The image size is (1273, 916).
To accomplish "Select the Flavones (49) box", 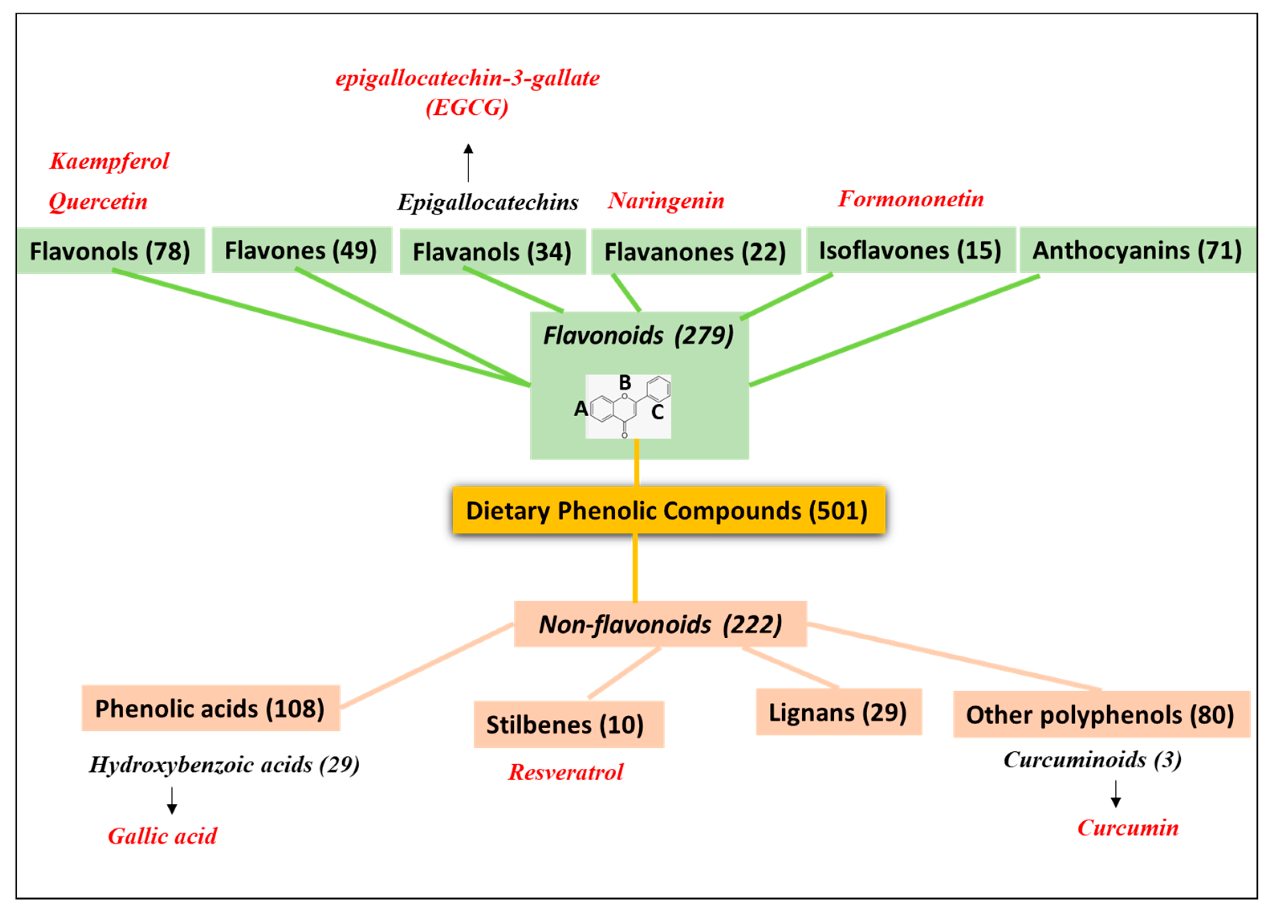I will pos(301,250).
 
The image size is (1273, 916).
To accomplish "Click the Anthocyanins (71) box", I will pos(1137,250).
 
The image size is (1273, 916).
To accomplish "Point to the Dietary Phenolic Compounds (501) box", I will pos(668,510).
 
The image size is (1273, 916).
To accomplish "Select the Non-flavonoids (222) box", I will pos(660,624).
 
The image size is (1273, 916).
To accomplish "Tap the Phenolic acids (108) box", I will pos(210,708).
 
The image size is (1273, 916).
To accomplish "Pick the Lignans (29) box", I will pos(838,712).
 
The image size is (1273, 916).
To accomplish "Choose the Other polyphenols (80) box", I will pos(1101,714).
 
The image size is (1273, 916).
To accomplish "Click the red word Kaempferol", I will pos(110,161).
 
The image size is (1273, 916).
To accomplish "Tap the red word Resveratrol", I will pos(566,772).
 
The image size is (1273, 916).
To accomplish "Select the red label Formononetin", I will pos(911,199).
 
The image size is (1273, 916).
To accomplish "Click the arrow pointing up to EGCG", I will pos(468,163).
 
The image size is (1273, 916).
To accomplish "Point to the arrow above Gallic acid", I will pos(172,800).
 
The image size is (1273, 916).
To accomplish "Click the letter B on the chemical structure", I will pos(625,383).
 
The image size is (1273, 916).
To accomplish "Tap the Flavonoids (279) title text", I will pos(638,336).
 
